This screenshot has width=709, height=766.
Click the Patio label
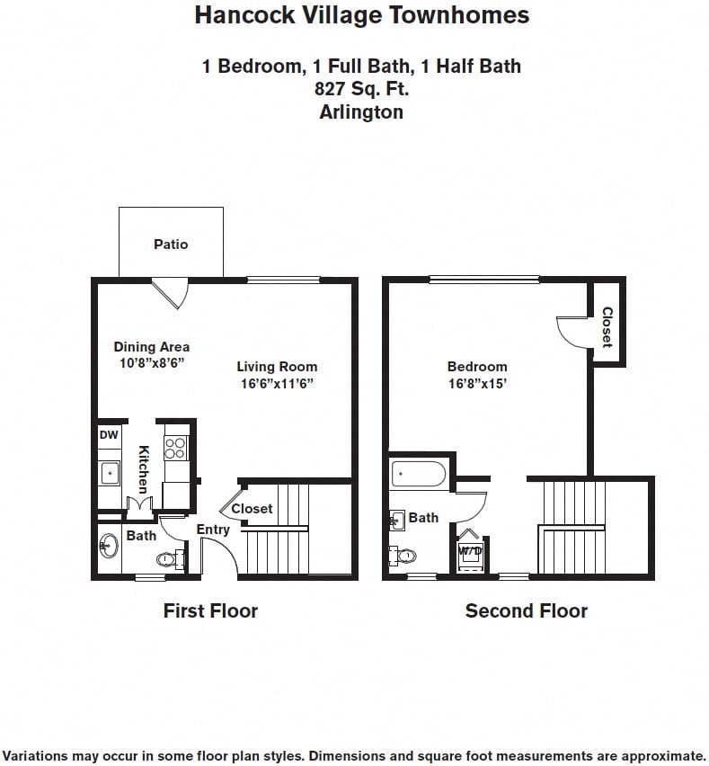[x=171, y=244]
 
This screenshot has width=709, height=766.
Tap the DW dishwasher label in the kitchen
[x=108, y=435]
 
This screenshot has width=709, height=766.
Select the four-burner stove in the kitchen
[x=175, y=448]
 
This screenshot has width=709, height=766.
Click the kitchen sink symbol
[x=109, y=471]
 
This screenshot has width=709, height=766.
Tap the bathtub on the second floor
[x=419, y=474]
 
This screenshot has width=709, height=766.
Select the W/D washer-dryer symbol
[x=470, y=551]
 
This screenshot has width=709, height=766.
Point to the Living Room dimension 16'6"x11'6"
[x=277, y=383]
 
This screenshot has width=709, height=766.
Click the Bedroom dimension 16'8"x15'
[x=477, y=383]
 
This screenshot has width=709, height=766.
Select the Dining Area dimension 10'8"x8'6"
[x=151, y=363]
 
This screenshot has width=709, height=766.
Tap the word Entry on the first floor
[x=213, y=530]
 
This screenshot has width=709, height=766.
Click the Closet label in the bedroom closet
[x=607, y=327]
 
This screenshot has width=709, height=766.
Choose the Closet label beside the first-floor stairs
[x=252, y=508]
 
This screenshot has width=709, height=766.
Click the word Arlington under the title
[x=361, y=112]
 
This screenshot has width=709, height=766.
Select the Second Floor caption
[x=526, y=611]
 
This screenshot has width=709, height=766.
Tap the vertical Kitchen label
[x=143, y=469]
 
